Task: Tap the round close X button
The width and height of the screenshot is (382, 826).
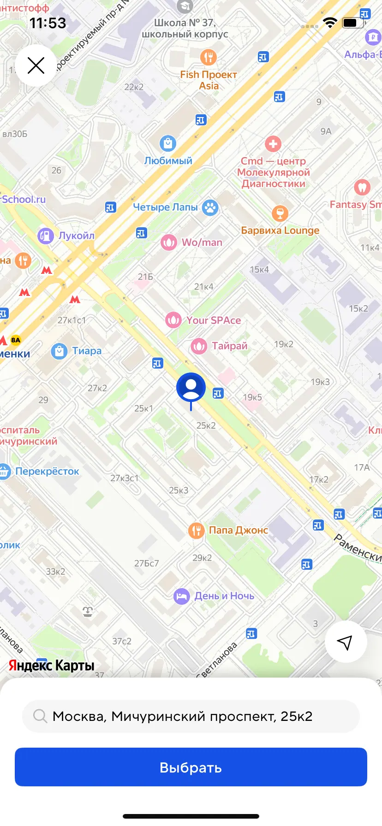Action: pyautogui.click(x=36, y=65)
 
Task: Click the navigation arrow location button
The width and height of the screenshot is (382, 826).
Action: pyautogui.click(x=346, y=642)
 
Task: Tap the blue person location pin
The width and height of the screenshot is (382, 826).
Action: pyautogui.click(x=191, y=388)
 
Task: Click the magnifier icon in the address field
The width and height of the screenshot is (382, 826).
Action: pyautogui.click(x=40, y=716)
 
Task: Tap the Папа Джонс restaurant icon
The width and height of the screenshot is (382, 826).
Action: pyautogui.click(x=196, y=531)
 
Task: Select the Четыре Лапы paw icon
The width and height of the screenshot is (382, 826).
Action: pyautogui.click(x=210, y=208)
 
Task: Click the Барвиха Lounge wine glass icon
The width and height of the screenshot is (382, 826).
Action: pyautogui.click(x=280, y=213)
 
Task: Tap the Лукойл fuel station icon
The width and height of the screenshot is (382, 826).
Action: pyautogui.click(x=46, y=236)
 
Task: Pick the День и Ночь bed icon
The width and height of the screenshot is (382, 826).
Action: pyautogui.click(x=182, y=596)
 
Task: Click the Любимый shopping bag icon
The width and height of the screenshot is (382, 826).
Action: pyautogui.click(x=168, y=143)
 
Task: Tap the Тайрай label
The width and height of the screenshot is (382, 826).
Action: pyautogui.click(x=229, y=346)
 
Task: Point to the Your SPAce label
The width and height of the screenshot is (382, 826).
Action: pyautogui.click(x=214, y=320)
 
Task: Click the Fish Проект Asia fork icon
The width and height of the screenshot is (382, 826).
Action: pyautogui.click(x=209, y=57)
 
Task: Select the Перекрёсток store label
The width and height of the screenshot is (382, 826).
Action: pyautogui.click(x=47, y=472)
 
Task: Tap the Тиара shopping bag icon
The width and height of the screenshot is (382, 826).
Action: pyautogui.click(x=59, y=351)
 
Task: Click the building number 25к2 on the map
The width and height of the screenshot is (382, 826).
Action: pyautogui.click(x=206, y=425)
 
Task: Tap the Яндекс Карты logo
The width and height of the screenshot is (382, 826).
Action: pyautogui.click(x=51, y=665)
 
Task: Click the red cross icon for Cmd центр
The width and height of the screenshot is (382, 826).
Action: pyautogui.click(x=273, y=144)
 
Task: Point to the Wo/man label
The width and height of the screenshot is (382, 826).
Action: pyautogui.click(x=202, y=242)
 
